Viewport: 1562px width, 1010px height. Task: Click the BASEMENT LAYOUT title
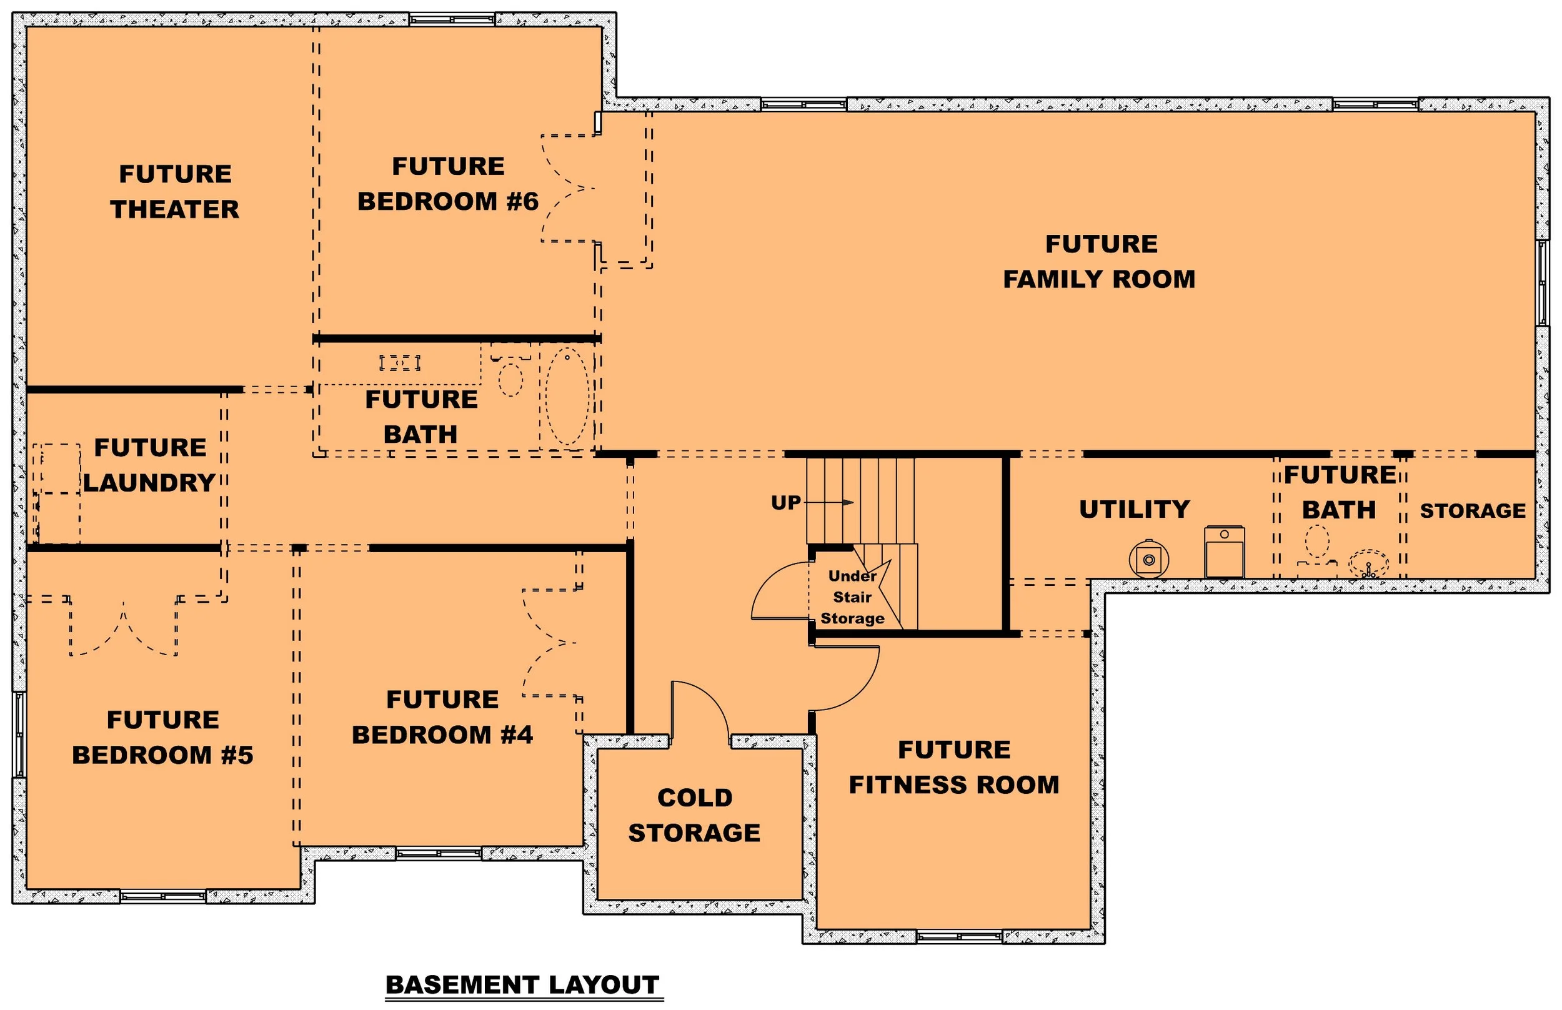click(x=522, y=984)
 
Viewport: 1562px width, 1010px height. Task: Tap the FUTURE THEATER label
click(x=174, y=192)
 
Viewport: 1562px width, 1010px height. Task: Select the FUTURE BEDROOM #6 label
click(x=448, y=184)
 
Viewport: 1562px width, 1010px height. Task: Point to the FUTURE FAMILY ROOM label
click(x=1100, y=262)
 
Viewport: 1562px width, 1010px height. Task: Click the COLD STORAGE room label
click(x=694, y=815)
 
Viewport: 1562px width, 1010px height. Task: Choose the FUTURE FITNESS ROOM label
click(x=954, y=767)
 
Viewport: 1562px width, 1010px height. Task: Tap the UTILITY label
click(x=1134, y=510)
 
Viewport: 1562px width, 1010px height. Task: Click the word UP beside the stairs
click(x=785, y=503)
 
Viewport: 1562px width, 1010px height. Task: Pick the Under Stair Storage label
click(x=852, y=597)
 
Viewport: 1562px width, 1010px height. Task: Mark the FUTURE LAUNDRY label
click(x=149, y=465)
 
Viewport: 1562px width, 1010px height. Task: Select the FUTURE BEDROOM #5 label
click(x=162, y=737)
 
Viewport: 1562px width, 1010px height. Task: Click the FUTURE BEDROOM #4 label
click(x=442, y=717)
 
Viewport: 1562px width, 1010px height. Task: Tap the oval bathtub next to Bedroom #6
click(x=567, y=396)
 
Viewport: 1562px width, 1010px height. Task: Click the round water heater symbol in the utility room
click(x=1149, y=560)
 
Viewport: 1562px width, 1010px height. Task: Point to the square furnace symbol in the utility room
click(x=1224, y=552)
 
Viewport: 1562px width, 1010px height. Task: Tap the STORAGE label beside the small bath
click(x=1473, y=511)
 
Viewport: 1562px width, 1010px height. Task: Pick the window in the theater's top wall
click(x=452, y=19)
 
